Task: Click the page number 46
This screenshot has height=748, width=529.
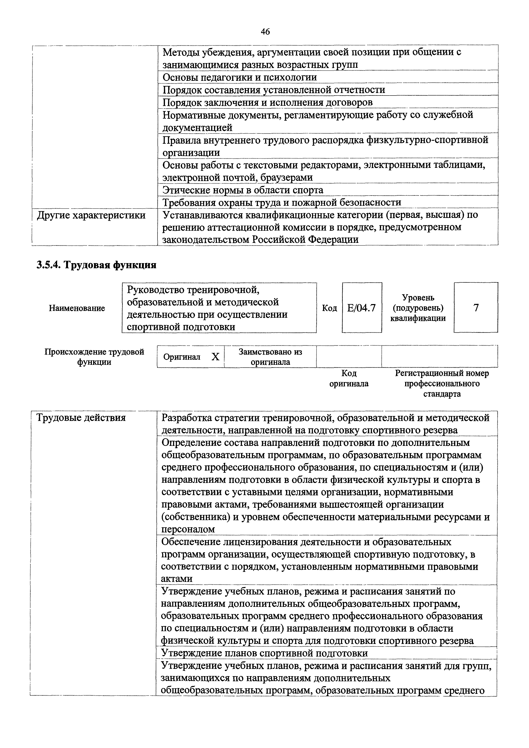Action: tap(265, 32)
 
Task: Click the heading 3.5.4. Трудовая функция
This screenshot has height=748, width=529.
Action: tap(96, 265)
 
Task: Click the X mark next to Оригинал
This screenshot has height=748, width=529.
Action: tap(215, 357)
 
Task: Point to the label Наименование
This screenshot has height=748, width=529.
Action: tap(77, 308)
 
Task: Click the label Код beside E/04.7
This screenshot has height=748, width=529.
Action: tap(329, 308)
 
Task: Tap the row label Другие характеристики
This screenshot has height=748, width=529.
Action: tap(91, 215)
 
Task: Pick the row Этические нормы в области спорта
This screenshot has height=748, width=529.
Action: tap(243, 190)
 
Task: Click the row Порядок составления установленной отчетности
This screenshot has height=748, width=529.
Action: tap(274, 90)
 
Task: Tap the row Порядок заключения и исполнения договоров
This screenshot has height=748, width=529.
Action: tap(267, 102)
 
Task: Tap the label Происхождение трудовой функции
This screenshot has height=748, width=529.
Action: tap(94, 357)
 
